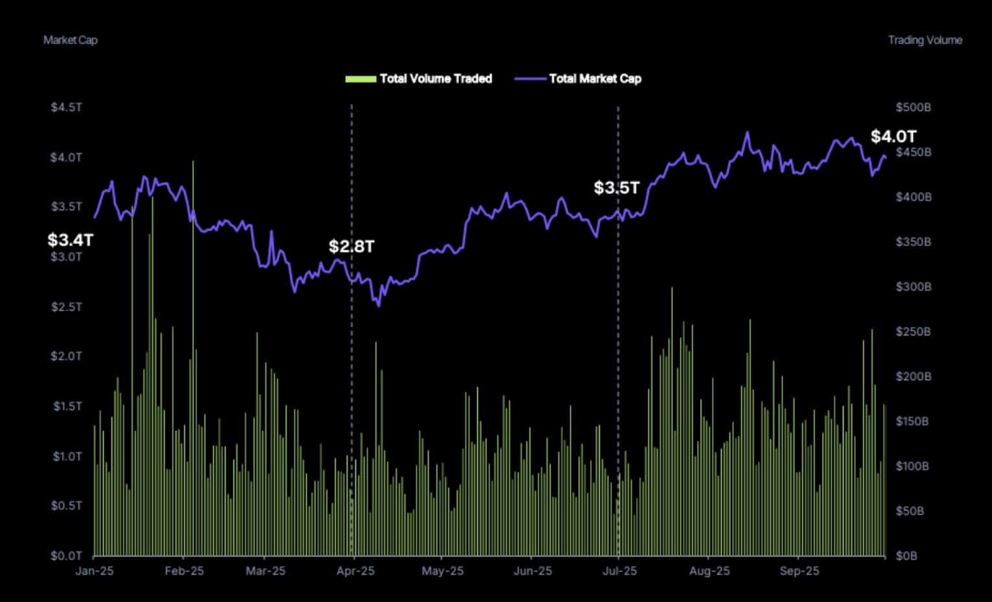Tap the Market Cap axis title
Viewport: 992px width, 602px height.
tap(70, 40)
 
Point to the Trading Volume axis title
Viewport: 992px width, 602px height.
tap(925, 40)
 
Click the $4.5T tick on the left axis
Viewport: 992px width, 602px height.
tap(67, 107)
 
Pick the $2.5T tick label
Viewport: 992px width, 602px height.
tap(67, 306)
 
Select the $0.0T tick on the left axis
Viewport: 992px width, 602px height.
tap(67, 555)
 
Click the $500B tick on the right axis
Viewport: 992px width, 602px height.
tap(913, 107)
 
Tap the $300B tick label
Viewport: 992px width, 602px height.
tap(913, 286)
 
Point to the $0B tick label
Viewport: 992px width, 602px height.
tap(906, 555)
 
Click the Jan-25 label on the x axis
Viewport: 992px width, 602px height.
tap(95, 571)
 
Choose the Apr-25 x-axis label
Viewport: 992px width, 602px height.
tap(355, 571)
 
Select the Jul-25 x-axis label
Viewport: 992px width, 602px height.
tap(620, 571)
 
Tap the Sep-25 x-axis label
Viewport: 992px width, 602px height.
tap(799, 571)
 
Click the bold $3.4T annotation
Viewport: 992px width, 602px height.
tap(70, 240)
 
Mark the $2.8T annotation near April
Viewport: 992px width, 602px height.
tap(351, 247)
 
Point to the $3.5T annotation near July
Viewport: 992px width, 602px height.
tap(617, 188)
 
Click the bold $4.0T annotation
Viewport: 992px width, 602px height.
tap(893, 136)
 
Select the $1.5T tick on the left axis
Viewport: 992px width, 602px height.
tap(67, 406)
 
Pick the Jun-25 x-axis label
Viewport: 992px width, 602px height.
tap(532, 571)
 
